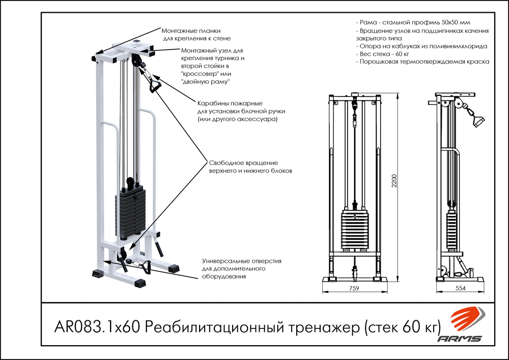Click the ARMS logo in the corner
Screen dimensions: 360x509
(462, 326)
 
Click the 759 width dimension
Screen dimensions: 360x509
(354, 288)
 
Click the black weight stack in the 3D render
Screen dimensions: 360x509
(130, 214)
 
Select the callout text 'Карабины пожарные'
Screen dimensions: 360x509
(222, 103)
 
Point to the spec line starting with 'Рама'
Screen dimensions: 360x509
(413, 23)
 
